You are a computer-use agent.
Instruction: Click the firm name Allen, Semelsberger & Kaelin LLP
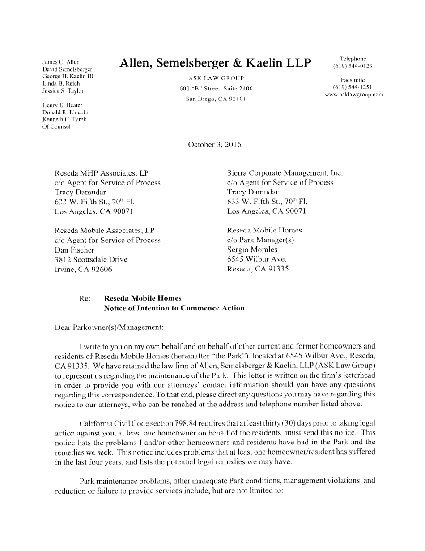pyautogui.click(x=215, y=63)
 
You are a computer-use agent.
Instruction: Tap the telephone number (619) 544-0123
pyautogui.click(x=353, y=66)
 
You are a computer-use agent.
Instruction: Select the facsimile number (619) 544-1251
pyautogui.click(x=353, y=87)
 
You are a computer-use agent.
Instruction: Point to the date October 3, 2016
pyautogui.click(x=216, y=145)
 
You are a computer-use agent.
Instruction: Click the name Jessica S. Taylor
pyautogui.click(x=63, y=91)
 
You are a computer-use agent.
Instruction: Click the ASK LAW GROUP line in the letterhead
pyautogui.click(x=216, y=78)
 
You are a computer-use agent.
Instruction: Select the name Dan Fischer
pyautogui.click(x=74, y=250)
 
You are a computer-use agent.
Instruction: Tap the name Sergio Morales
pyautogui.click(x=252, y=250)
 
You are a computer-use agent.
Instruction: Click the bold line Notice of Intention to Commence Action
pyautogui.click(x=174, y=308)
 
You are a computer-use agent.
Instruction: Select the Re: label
pyautogui.click(x=85, y=298)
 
